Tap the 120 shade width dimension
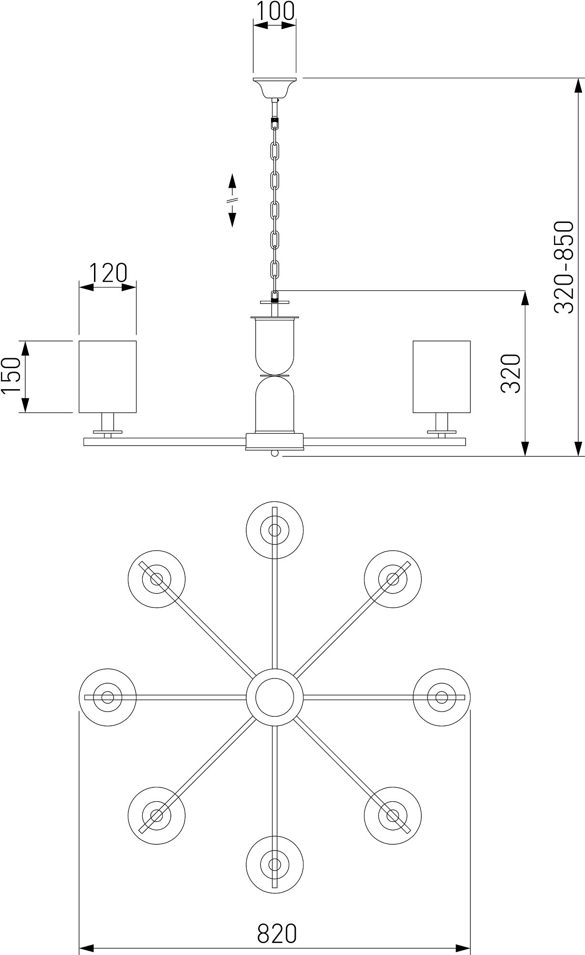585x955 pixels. (x=108, y=273)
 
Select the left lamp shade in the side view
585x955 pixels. (x=107, y=376)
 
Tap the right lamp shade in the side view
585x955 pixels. (x=441, y=376)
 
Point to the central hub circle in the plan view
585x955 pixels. (x=274, y=697)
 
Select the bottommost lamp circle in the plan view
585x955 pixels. (x=274, y=865)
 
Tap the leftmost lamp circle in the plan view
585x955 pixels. (x=108, y=697)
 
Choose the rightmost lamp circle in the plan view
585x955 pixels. (x=441, y=697)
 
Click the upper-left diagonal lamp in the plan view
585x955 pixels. (x=157, y=579)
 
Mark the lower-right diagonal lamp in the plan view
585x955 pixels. (x=393, y=815)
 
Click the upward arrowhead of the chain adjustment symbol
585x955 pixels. (x=232, y=181)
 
